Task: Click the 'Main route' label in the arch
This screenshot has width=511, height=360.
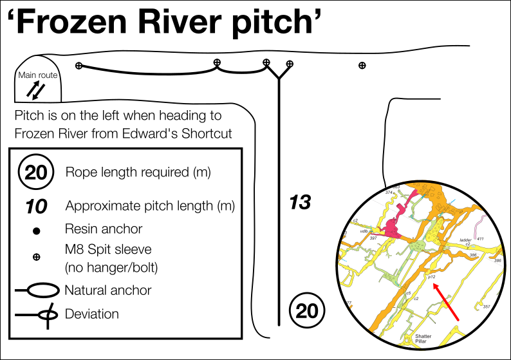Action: point(38,75)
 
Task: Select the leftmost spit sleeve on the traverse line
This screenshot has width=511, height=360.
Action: point(79,66)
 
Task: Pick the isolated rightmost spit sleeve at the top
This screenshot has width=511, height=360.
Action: point(362,65)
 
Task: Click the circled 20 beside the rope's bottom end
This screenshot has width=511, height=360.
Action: point(308,311)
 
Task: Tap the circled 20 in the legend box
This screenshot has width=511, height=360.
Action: point(37,173)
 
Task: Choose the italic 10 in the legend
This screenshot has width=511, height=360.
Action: point(37,206)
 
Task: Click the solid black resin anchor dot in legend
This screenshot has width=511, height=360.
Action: point(37,230)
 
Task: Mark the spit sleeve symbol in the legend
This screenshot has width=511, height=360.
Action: point(37,257)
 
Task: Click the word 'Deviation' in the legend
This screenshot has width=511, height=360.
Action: point(92,314)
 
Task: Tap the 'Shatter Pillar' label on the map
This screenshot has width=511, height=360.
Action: point(423,339)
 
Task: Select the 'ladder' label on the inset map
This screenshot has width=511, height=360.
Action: point(465,240)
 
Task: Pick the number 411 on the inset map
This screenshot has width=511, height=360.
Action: point(480,239)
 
